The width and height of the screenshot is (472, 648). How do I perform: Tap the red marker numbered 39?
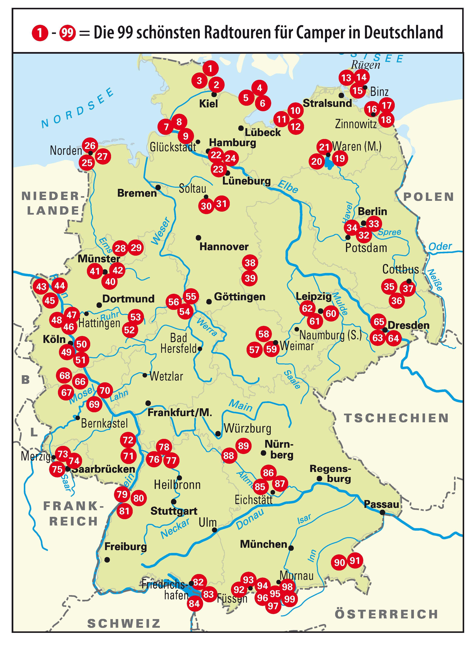tap(250, 278)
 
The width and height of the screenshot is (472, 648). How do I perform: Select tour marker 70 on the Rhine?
tap(105, 390)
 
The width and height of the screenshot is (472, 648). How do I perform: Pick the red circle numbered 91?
tap(355, 561)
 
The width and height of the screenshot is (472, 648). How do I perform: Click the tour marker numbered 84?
tap(194, 604)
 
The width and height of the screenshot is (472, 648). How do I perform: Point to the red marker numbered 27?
tap(102, 157)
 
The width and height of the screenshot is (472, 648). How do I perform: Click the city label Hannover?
tap(224, 247)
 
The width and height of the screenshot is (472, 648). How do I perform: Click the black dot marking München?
tap(291, 548)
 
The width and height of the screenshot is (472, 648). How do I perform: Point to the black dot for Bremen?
tap(158, 187)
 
